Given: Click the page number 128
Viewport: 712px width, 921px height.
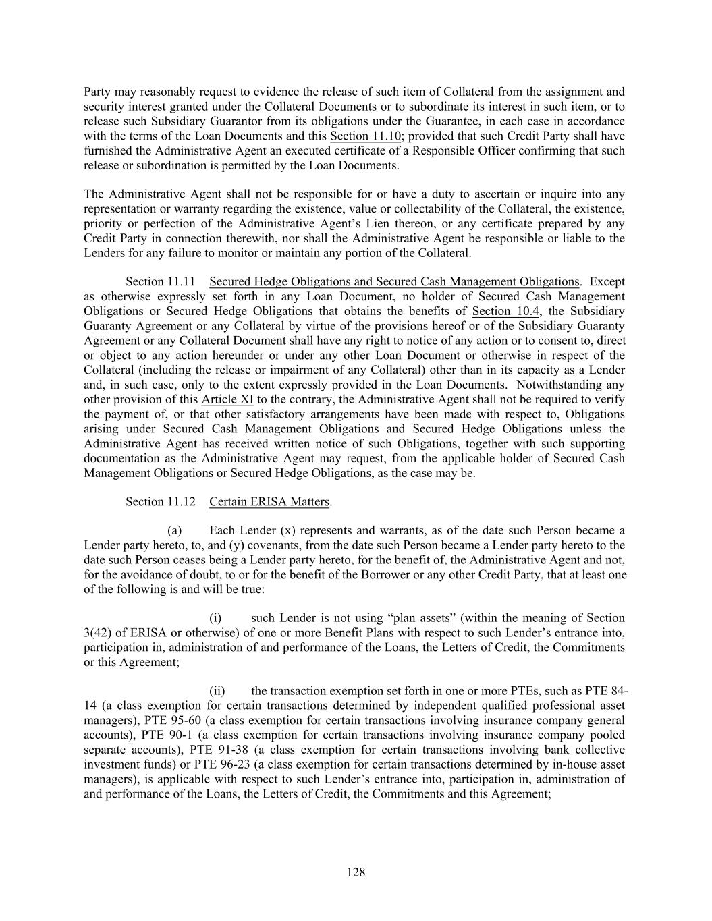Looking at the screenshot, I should click(x=356, y=872).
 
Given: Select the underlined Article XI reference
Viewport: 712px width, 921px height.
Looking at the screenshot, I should click(x=227, y=399).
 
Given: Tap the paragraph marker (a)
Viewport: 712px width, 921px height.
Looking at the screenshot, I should click(x=175, y=530).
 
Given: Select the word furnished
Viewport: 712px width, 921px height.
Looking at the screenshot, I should click(x=107, y=150).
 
